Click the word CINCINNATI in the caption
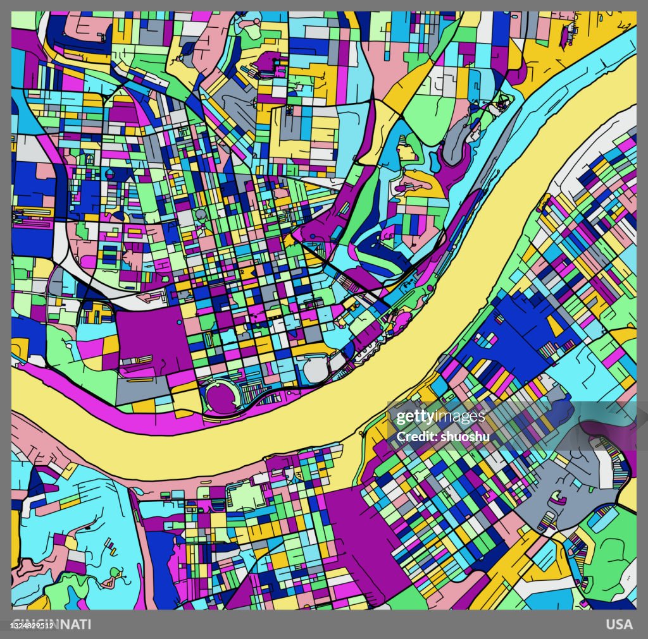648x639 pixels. tap(52, 624)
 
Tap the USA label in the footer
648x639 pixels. tap(619, 624)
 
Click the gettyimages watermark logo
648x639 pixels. tap(440, 417)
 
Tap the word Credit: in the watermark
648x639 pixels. tap(414, 436)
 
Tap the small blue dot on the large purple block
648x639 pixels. tap(179, 323)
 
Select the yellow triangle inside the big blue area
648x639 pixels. tap(554, 326)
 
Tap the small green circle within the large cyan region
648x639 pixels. tap(115, 573)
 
